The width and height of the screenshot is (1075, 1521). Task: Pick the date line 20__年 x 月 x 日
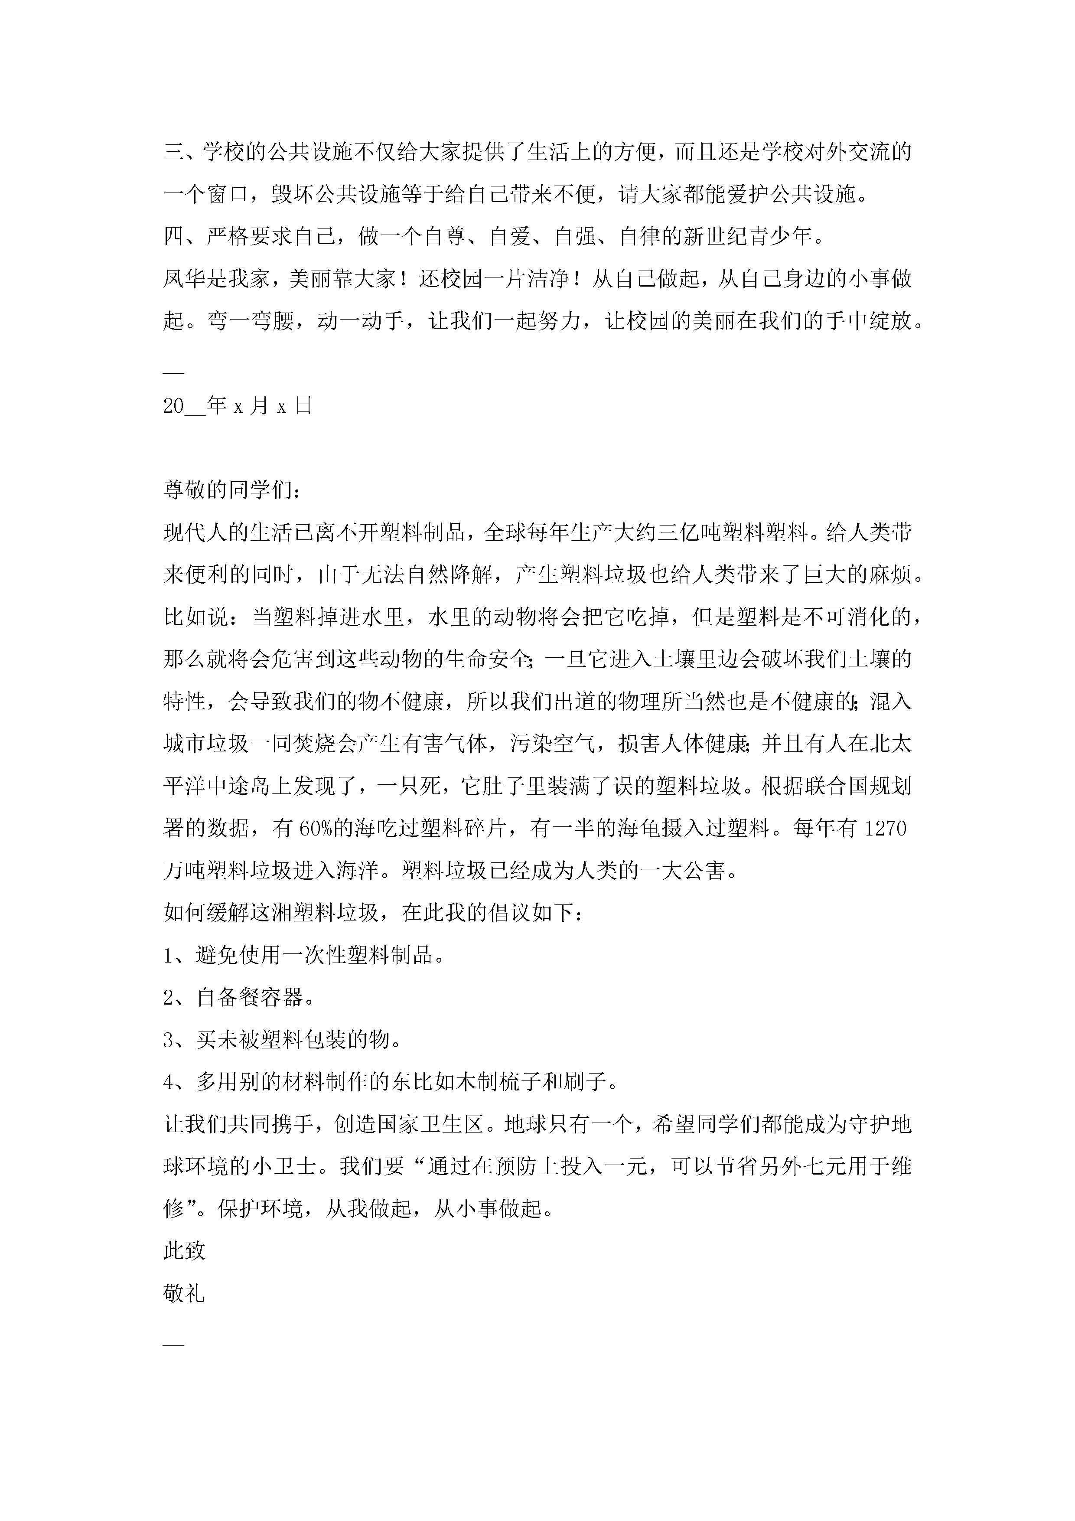pos(237,405)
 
